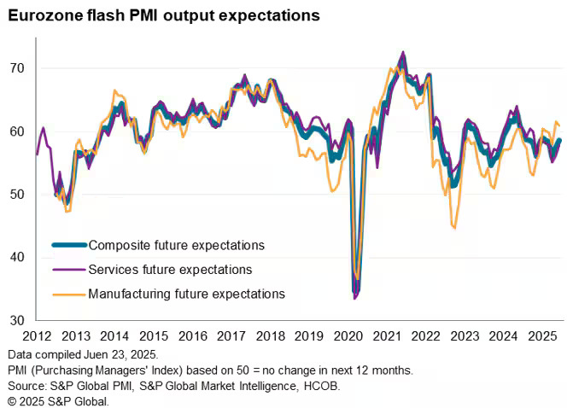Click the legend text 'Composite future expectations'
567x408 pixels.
(176, 245)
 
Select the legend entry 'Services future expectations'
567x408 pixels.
(170, 269)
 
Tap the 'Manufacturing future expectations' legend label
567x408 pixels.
(186, 294)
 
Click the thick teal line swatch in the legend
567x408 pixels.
(68, 245)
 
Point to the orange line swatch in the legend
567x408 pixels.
(68, 294)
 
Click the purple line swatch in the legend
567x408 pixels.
(68, 269)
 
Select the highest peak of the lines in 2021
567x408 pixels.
(402, 52)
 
